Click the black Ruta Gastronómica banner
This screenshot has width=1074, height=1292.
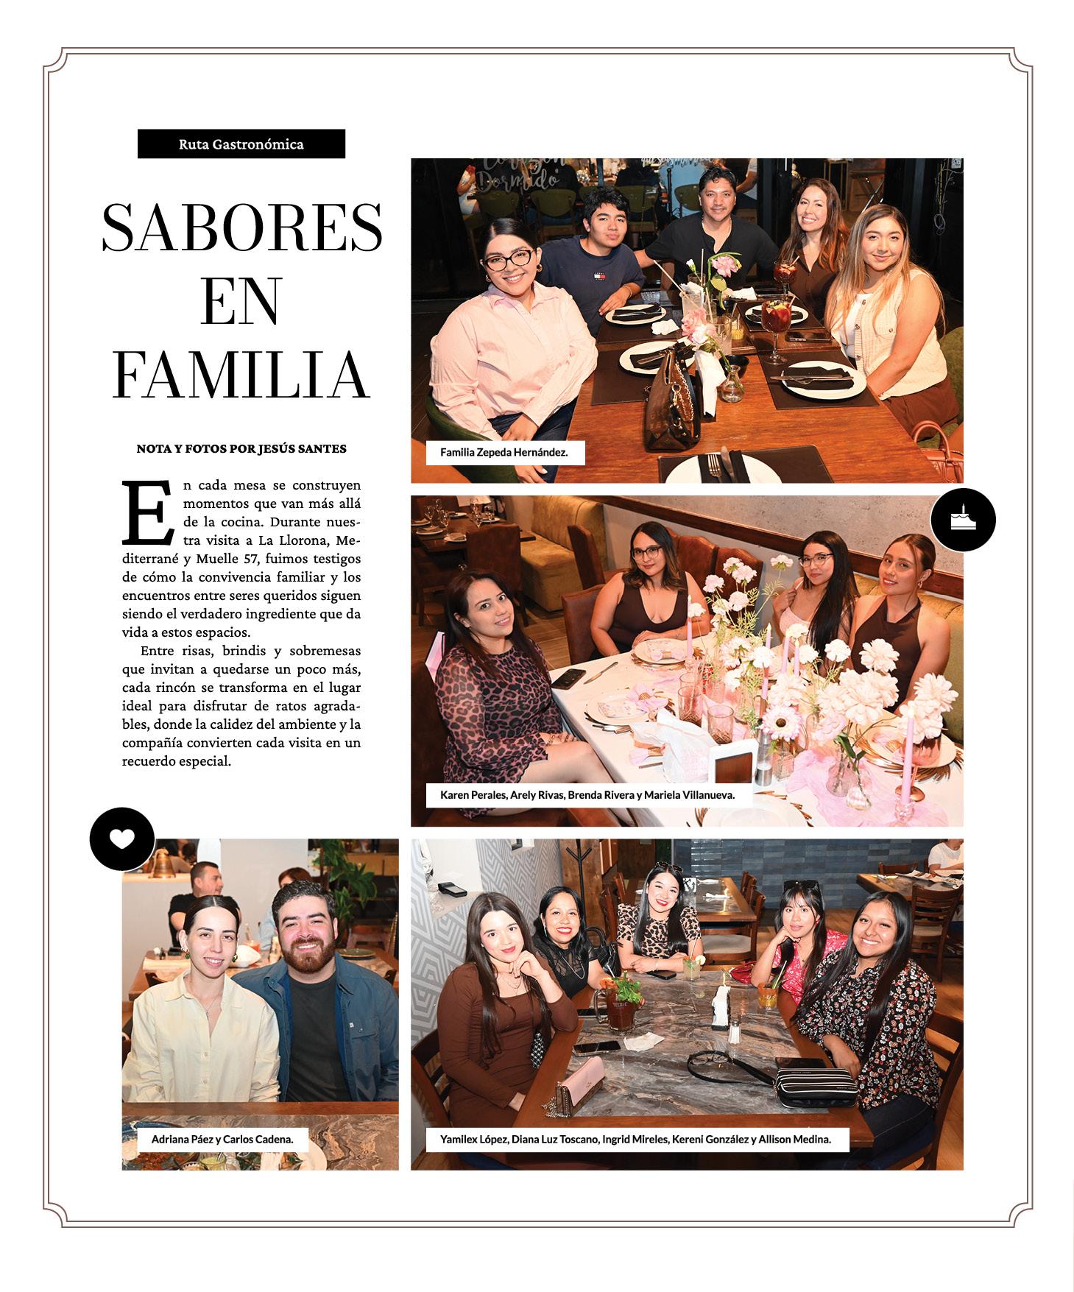coord(241,144)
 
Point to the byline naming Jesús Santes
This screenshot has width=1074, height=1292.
coord(241,448)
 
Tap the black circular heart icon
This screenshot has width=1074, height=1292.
coord(122,839)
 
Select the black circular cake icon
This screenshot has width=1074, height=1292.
coord(963,520)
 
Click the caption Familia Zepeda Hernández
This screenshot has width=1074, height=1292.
coord(504,452)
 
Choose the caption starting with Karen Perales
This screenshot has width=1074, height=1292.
coord(587,795)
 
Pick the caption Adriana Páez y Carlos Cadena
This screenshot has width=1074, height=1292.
coord(222,1139)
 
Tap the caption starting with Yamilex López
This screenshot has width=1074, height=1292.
coord(636,1139)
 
